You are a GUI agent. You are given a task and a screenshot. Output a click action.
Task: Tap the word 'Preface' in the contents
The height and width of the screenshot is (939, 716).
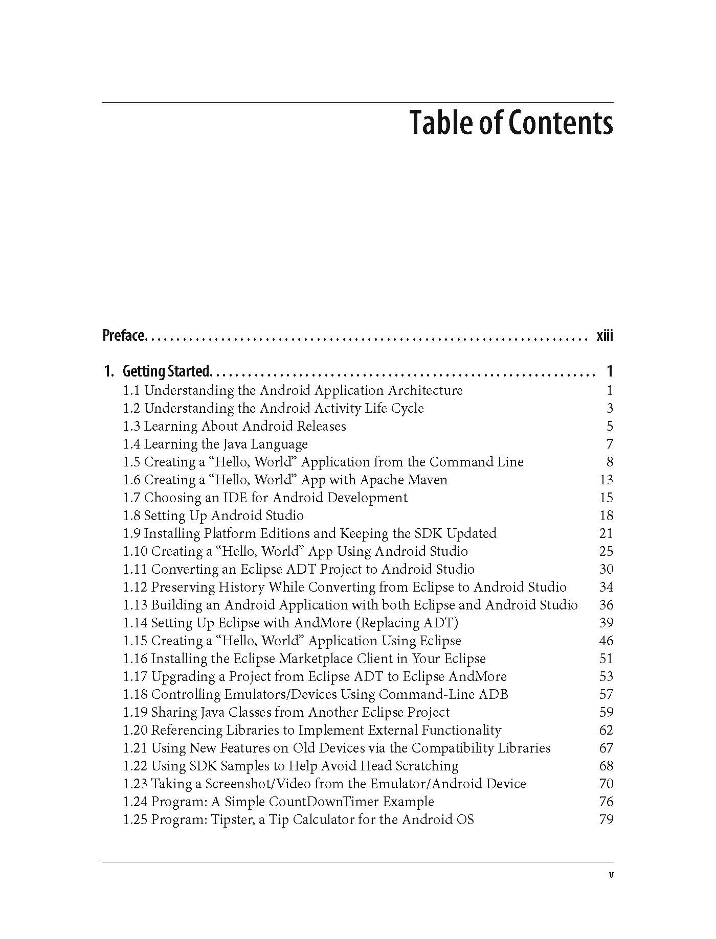pos(124,336)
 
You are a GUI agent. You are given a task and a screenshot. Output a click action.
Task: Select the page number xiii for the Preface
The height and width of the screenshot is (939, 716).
pos(605,336)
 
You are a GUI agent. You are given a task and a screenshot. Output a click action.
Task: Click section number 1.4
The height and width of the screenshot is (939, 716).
pos(131,444)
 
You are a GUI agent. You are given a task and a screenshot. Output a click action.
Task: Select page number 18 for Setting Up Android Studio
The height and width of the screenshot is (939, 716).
pos(606,515)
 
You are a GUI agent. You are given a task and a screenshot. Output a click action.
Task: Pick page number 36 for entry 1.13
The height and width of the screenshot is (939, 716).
pos(606,605)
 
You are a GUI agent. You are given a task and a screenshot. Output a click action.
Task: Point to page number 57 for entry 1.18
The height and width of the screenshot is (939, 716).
pos(606,694)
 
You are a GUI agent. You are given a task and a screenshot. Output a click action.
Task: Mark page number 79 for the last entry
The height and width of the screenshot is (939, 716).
pos(606,819)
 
